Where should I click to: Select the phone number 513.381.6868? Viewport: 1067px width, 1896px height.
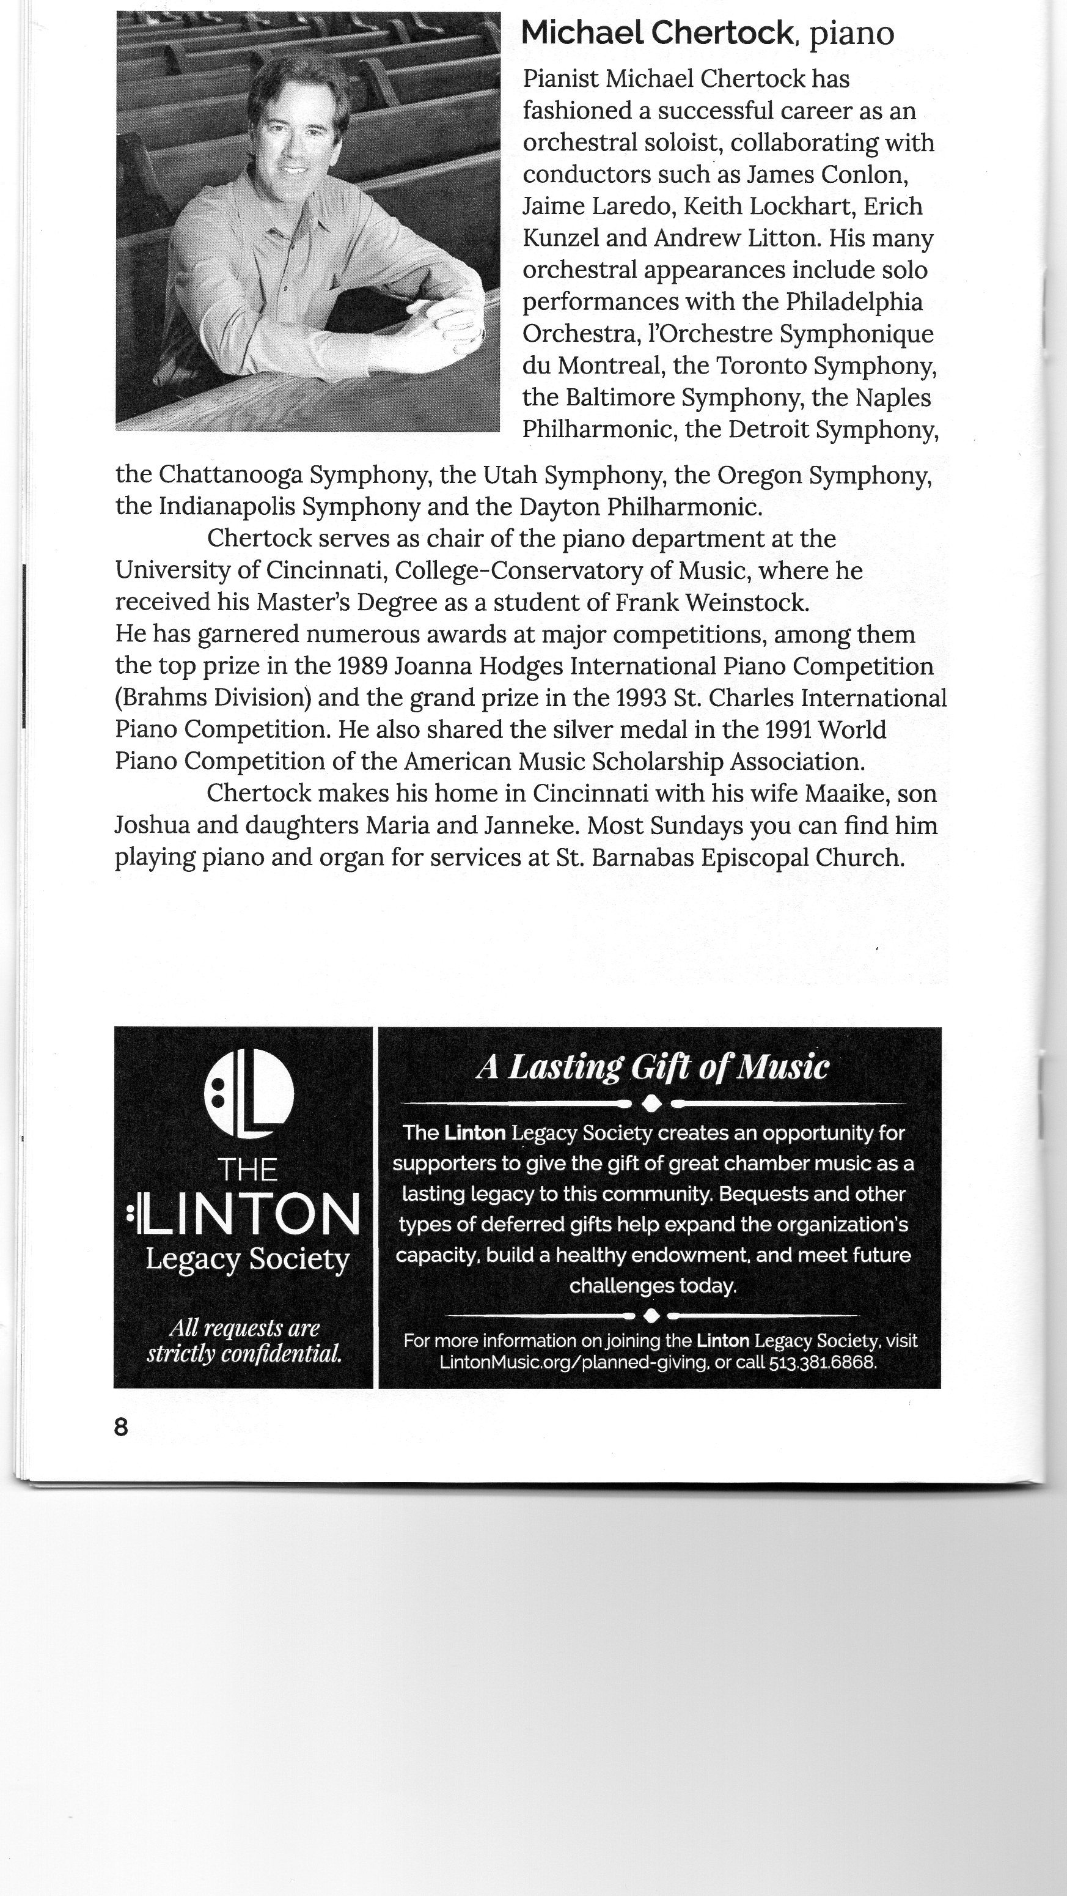[823, 1362]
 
